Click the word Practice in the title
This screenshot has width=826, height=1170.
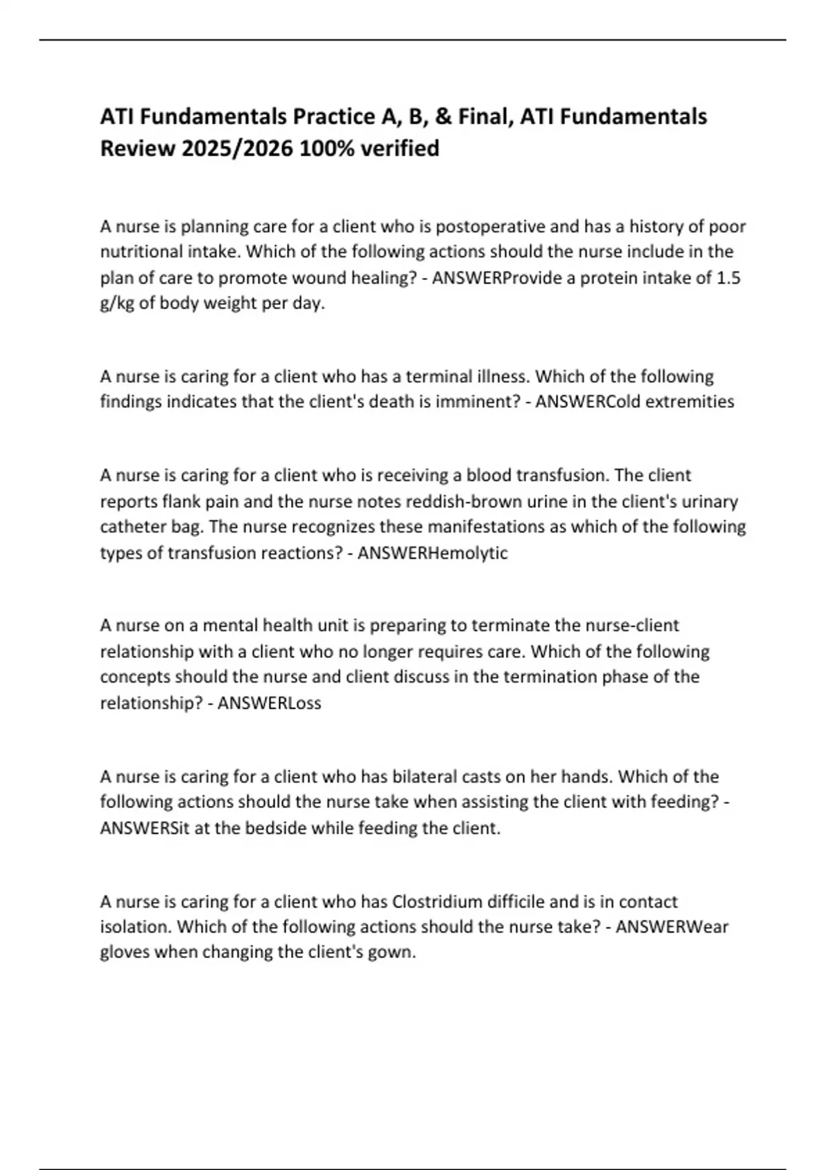click(333, 117)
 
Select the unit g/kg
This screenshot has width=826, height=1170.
click(118, 304)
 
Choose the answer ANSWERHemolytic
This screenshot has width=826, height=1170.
click(433, 553)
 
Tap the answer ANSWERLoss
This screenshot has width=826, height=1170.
click(269, 703)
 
